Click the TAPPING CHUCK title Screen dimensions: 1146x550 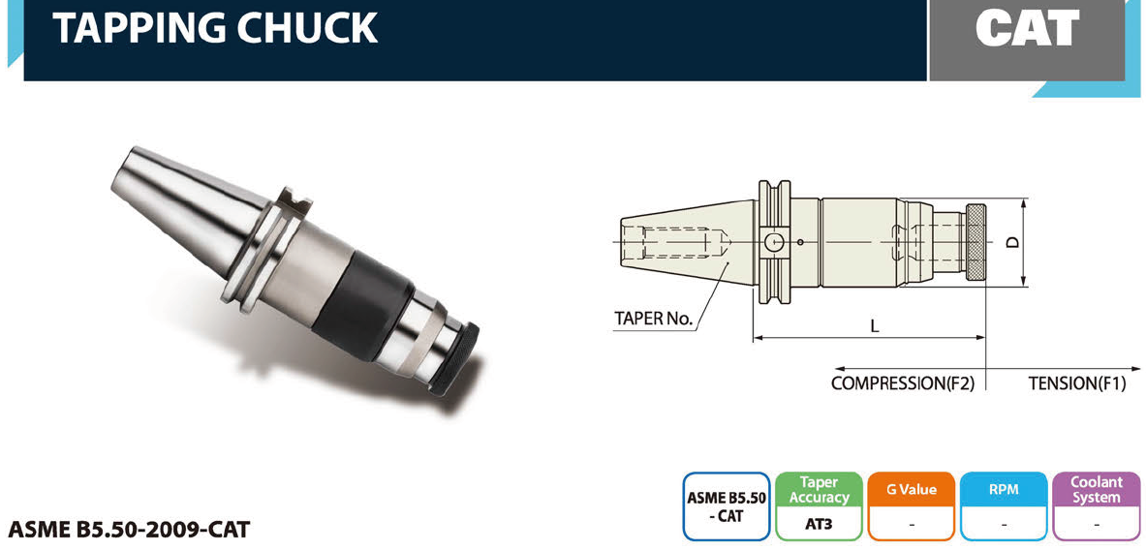coord(215,27)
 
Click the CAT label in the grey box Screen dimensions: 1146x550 coord(1027,28)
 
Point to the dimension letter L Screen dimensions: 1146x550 coord(874,325)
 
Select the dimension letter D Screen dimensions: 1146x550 coord(1012,242)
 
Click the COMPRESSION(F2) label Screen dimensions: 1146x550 coord(903,383)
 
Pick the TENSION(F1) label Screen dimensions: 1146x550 coord(1076,383)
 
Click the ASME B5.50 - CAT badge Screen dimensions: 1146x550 coord(727,506)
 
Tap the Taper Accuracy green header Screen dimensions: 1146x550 coord(819,490)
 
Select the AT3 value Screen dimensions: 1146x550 coord(819,524)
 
